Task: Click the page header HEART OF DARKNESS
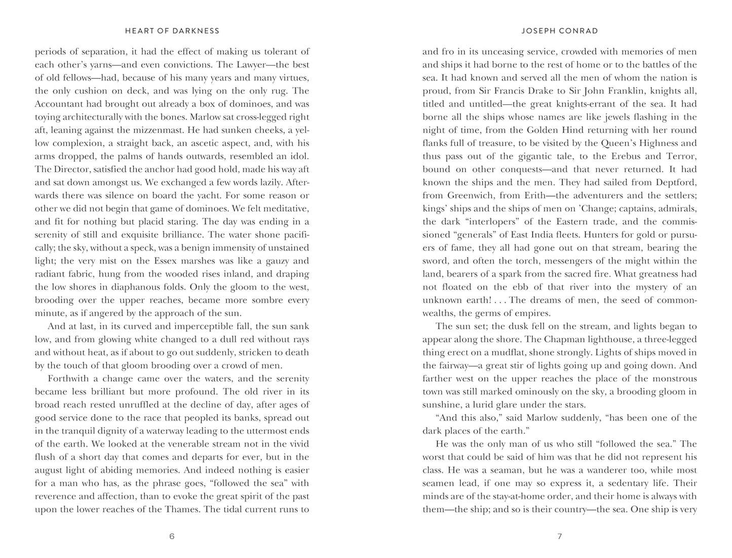pyautogui.click(x=172, y=31)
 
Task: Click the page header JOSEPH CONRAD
pyautogui.click(x=560, y=31)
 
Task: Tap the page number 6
pyautogui.click(x=172, y=536)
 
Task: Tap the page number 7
pyautogui.click(x=560, y=536)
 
